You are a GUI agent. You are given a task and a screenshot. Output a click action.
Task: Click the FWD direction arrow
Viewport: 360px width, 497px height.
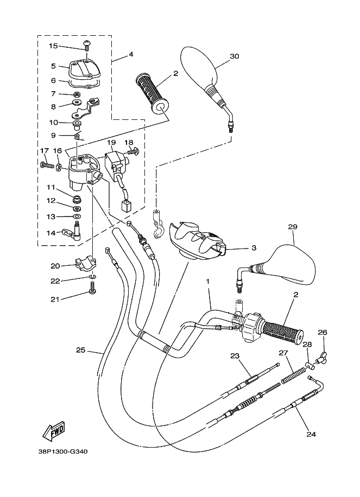[54, 432]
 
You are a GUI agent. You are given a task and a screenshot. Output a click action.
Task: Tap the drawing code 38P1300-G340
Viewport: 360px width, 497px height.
[63, 451]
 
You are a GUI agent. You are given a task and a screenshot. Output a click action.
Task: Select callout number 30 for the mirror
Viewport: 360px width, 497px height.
[235, 56]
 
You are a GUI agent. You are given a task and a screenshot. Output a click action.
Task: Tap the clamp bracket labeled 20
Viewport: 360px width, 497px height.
[86, 264]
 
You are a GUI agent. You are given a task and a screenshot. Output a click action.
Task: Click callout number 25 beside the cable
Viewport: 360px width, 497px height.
[80, 351]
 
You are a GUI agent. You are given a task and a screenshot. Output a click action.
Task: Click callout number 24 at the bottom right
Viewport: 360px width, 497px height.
[311, 434]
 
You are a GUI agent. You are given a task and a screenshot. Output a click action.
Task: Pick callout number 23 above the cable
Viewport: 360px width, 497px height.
[235, 355]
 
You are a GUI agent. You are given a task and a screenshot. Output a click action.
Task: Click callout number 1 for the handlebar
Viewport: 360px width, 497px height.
[208, 282]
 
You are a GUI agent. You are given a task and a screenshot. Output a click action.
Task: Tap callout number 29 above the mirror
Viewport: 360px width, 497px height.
[293, 227]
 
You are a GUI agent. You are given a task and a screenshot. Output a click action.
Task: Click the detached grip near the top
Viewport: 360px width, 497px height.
[153, 94]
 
